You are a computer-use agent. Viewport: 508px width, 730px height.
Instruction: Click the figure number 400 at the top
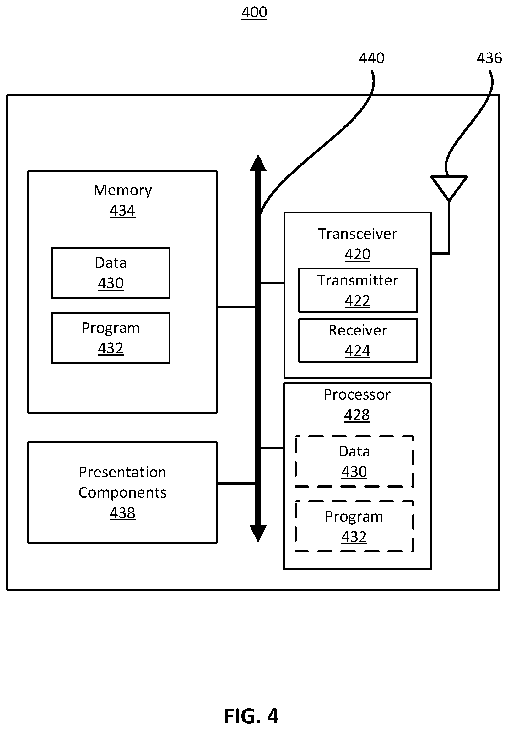[x=254, y=12]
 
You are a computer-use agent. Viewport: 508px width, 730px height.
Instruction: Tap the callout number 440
[x=371, y=58]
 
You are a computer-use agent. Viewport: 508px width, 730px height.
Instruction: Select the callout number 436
[x=489, y=58]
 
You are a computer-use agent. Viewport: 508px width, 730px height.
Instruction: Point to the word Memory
[x=122, y=190]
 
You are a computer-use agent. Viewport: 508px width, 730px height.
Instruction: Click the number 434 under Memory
[x=122, y=210]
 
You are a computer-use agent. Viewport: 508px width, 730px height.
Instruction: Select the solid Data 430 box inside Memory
[x=111, y=273]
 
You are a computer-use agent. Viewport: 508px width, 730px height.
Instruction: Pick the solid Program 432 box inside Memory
[x=111, y=338]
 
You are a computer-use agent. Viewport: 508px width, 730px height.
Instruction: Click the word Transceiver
[x=358, y=234]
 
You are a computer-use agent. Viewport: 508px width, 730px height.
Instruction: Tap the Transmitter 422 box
[x=358, y=290]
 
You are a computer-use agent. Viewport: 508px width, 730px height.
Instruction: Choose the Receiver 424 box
[x=358, y=340]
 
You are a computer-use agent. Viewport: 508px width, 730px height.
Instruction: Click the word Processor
[x=357, y=395]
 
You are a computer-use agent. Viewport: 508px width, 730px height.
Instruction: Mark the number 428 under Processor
[x=357, y=415]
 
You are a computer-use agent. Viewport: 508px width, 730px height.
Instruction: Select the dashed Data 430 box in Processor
[x=354, y=461]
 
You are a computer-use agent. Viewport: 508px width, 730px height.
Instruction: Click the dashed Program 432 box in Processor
[x=354, y=527]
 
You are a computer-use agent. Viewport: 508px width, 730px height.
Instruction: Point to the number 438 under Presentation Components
[x=122, y=513]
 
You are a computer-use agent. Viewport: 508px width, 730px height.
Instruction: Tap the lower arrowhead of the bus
[x=258, y=533]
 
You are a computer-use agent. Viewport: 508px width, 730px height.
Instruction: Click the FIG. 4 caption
[x=251, y=716]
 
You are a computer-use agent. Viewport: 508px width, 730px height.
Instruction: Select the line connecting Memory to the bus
[x=236, y=307]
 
